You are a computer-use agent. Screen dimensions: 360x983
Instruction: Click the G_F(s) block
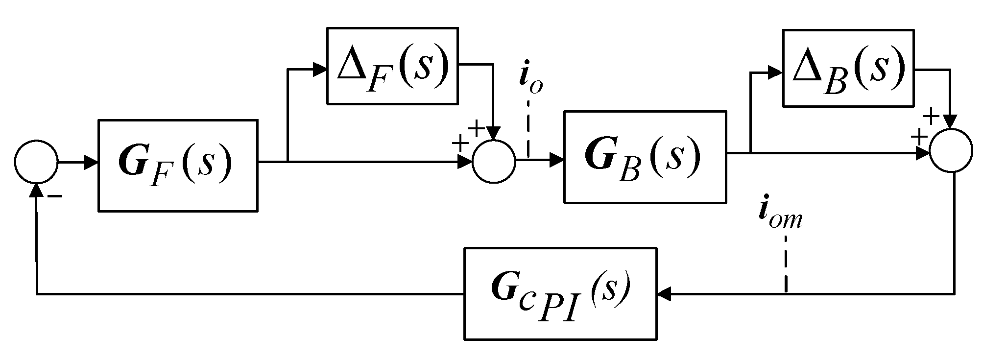click(178, 166)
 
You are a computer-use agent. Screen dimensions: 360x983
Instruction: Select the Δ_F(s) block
click(392, 66)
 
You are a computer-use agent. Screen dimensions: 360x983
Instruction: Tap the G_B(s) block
click(644, 157)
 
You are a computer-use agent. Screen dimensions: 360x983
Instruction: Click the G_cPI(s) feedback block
click(560, 293)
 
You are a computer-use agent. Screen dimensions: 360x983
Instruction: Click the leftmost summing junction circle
click(36, 162)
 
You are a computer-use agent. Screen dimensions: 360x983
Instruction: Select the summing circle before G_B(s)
click(494, 162)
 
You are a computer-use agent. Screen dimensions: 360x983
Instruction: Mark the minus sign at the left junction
click(54, 196)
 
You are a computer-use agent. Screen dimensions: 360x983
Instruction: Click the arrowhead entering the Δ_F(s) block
click(320, 69)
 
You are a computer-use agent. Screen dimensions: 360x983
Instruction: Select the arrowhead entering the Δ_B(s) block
click(775, 73)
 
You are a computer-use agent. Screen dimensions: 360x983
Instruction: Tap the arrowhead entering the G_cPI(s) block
click(665, 294)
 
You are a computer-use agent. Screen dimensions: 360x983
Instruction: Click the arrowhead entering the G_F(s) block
click(92, 163)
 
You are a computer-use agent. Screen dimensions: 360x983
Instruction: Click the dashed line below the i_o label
click(529, 128)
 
